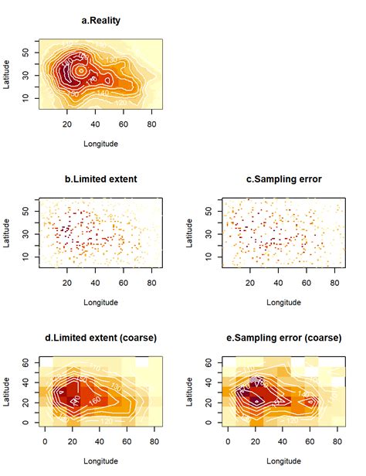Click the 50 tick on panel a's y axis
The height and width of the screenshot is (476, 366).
[26, 52]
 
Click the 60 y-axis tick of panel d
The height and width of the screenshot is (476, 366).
[26, 362]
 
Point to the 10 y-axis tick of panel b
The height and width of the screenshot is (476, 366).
[26, 256]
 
